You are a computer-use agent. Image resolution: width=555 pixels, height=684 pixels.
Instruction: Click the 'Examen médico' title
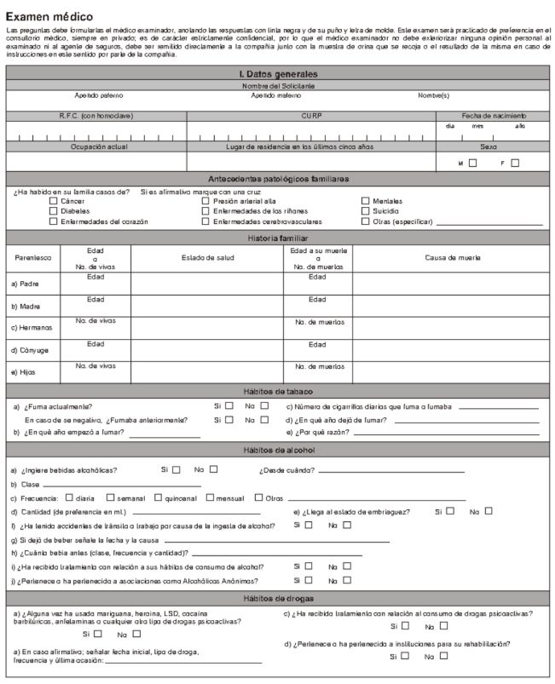point(49,16)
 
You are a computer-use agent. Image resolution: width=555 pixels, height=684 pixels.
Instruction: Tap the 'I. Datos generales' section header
point(278,75)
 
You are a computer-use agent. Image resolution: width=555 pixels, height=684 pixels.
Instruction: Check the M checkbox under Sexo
point(472,163)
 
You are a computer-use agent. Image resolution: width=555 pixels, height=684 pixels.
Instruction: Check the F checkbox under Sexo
point(515,163)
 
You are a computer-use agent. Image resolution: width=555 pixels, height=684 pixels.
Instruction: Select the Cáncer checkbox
point(54,201)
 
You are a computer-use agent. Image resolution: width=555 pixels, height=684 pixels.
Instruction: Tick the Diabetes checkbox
point(54,210)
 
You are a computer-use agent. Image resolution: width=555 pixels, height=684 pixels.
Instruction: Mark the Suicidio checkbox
point(365,210)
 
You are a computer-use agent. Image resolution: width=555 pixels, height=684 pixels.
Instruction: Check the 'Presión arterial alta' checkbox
point(205,201)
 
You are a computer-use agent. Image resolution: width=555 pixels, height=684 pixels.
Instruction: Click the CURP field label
point(311,116)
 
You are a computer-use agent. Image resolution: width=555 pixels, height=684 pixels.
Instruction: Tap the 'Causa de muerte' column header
point(452,256)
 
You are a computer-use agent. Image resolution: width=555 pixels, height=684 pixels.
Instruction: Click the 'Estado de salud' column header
point(206,256)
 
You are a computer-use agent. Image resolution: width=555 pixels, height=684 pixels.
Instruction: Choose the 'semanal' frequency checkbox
point(110,497)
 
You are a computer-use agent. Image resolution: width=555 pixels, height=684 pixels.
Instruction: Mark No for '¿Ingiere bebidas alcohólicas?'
point(214,468)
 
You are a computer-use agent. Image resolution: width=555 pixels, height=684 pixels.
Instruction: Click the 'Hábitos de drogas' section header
point(278,598)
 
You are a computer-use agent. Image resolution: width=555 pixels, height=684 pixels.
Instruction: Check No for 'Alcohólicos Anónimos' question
point(347,580)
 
